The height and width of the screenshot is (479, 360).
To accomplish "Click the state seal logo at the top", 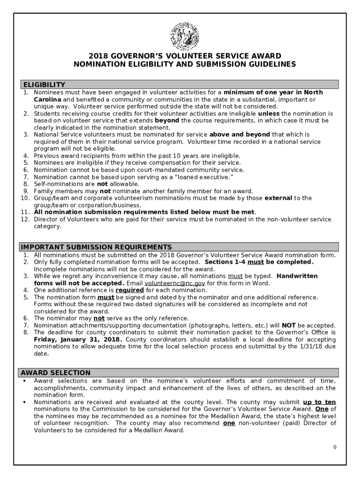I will point(184,36).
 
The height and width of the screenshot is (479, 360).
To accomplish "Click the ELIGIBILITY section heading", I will point(43,85).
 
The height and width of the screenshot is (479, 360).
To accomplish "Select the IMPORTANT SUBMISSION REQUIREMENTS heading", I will point(95,247).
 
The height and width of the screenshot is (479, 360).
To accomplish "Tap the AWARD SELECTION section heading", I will point(55,373).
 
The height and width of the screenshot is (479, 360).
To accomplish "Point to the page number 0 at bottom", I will point(335,447).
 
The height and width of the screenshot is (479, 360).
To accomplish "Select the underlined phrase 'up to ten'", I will point(319,402).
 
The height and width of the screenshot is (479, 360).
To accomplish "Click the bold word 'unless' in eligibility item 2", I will point(268,114).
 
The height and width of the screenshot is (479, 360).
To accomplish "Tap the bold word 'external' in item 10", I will point(278,198).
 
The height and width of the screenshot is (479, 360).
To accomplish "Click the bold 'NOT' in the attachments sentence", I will point(288,325).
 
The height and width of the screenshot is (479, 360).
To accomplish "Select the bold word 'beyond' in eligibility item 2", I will point(167,121).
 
